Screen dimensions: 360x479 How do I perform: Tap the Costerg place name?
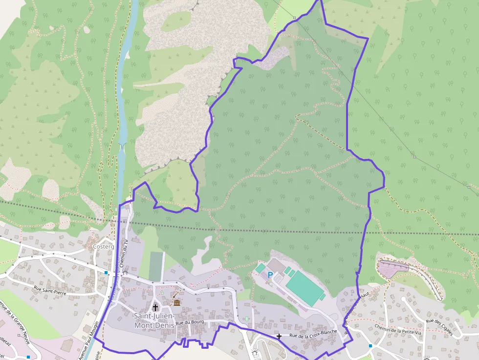click(x=103, y=247)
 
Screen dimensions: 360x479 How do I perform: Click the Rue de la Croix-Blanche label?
click(x=313, y=334)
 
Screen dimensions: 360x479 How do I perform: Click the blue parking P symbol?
click(x=270, y=275)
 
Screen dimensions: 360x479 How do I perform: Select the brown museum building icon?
click(x=176, y=303)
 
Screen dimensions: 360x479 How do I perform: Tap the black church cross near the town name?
click(x=155, y=307)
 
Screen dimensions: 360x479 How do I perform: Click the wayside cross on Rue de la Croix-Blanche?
click(x=279, y=336)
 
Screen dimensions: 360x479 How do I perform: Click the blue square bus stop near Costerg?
click(x=106, y=273)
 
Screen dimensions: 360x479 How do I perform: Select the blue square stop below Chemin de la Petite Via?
click(x=370, y=346)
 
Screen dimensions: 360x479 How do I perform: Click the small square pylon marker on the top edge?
click(x=294, y=18)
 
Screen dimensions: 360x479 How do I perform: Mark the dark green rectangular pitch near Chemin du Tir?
click(x=155, y=267)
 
